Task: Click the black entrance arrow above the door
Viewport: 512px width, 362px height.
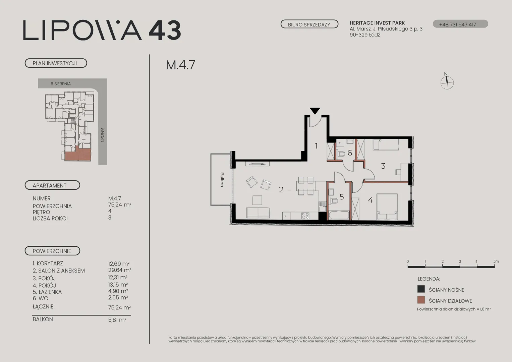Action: point(315,111)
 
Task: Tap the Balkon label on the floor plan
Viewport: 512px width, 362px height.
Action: point(222,180)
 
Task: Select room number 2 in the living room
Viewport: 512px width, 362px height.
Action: point(281,189)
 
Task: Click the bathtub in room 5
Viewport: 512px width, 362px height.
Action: point(339,215)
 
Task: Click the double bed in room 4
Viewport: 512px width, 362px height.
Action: point(387,206)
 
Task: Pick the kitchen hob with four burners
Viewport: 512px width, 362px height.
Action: point(305,216)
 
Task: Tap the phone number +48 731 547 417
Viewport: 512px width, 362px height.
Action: point(457,24)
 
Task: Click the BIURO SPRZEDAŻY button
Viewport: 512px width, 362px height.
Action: point(309,24)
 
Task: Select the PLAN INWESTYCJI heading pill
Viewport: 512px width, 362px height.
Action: point(56,63)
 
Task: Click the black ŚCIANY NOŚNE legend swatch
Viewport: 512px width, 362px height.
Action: point(421,289)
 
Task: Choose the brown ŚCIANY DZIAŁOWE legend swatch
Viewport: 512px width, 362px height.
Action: point(421,300)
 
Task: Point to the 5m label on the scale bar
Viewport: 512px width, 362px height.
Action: point(496,261)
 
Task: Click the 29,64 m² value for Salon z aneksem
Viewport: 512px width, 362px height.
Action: point(120,270)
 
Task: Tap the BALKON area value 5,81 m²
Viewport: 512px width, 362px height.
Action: point(117,320)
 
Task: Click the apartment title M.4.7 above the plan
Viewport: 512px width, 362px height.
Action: point(180,65)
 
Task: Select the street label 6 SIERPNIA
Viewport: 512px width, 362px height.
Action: point(61,84)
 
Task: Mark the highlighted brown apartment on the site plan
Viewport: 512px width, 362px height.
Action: point(78,154)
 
